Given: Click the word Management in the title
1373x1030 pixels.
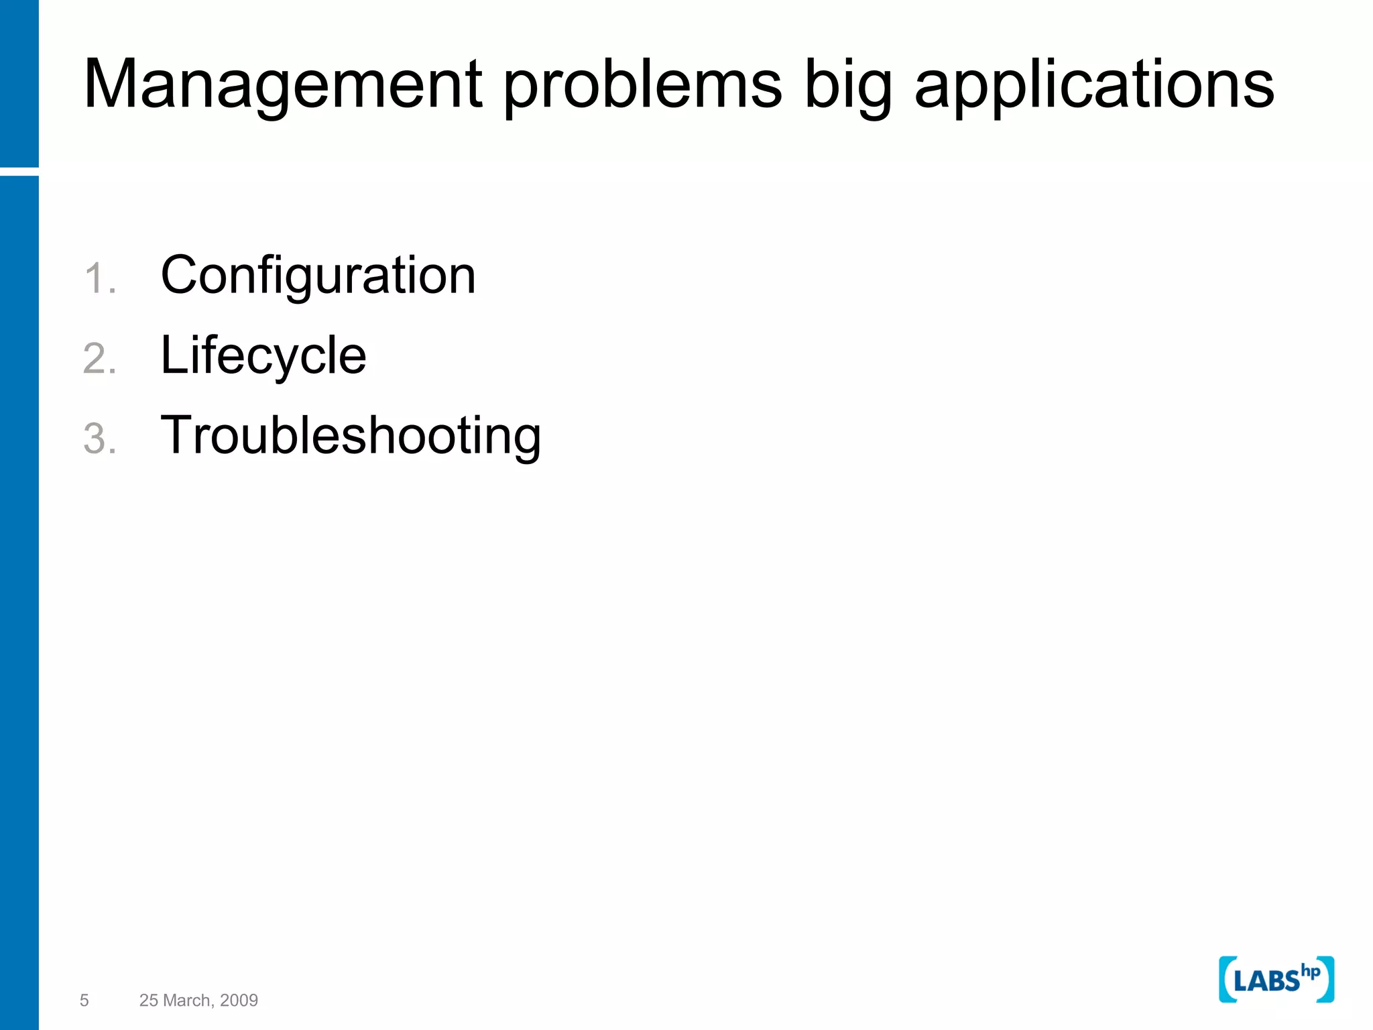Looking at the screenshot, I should (x=282, y=84).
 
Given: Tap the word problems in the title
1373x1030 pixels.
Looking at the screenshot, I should (x=642, y=86).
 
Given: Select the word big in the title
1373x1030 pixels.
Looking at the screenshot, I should (x=847, y=86).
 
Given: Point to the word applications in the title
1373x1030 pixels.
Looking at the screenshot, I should (x=1094, y=86).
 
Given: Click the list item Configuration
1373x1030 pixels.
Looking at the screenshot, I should (x=318, y=276).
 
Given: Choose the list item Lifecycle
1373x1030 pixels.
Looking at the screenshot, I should (x=263, y=355).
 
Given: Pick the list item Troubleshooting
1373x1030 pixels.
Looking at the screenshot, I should (x=351, y=436).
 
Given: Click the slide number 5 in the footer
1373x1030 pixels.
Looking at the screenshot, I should (x=84, y=1000).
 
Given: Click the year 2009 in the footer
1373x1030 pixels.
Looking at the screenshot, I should (x=239, y=1000).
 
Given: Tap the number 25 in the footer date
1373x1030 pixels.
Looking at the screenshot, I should (x=149, y=1000).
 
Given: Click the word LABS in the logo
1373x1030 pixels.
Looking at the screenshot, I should (x=1266, y=982).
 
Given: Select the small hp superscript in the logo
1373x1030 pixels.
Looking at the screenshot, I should (x=1310, y=972).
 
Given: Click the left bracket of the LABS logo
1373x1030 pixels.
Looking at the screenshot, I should (x=1226, y=980).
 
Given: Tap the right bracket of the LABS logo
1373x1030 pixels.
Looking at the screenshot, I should (x=1327, y=980).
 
